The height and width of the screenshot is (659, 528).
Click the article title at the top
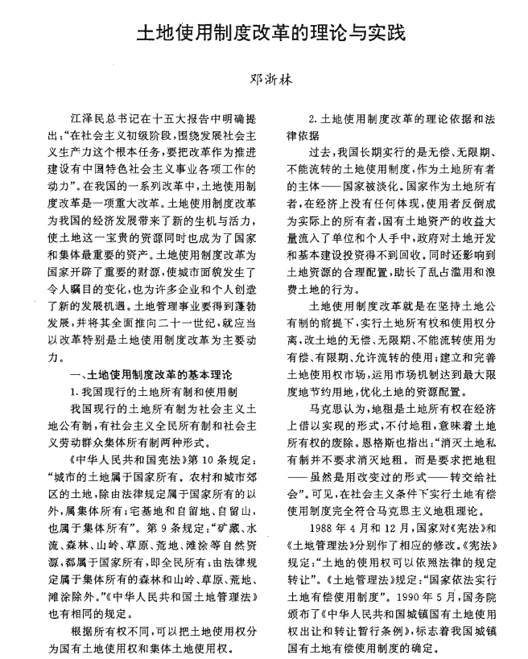tap(264, 33)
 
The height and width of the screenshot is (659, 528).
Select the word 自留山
tap(241, 505)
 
